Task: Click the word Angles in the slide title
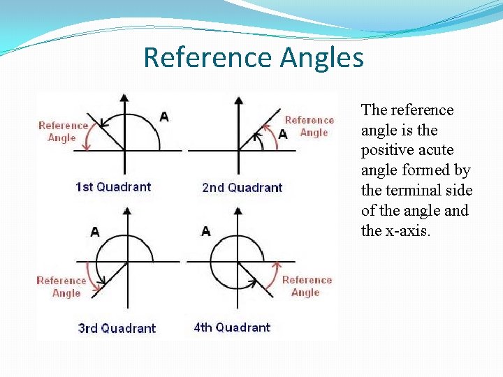[x=322, y=57]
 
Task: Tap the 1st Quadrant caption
[x=113, y=186]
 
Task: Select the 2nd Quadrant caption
[x=242, y=187]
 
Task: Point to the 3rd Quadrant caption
[x=117, y=328]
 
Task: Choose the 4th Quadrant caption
[x=232, y=327]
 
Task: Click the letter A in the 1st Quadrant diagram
[x=163, y=116]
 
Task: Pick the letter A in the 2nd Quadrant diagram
[x=282, y=134]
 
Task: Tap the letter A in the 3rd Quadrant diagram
[x=94, y=232]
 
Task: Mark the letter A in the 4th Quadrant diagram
[x=205, y=231]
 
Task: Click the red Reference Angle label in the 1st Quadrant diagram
[x=63, y=131]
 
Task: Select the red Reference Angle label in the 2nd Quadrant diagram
[x=309, y=126]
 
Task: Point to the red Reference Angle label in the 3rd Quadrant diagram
[x=61, y=286]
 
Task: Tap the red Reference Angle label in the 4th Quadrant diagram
[x=307, y=286]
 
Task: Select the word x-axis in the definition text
[x=408, y=231]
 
